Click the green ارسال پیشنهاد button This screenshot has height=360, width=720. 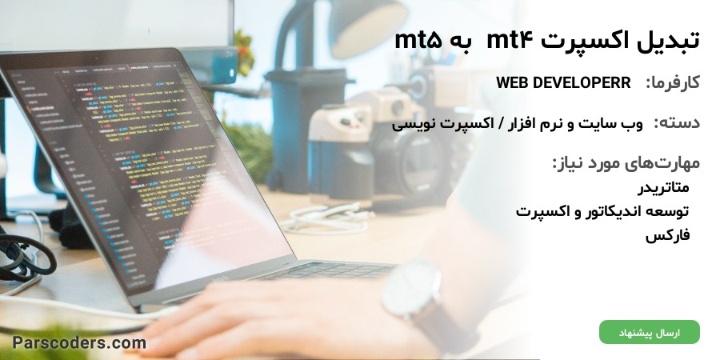[650, 332]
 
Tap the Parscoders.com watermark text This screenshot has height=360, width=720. [79, 342]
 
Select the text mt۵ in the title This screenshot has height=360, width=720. [418, 41]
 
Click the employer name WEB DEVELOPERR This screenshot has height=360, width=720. [563, 83]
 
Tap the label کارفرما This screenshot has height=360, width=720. [673, 83]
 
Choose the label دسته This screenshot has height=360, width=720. [677, 123]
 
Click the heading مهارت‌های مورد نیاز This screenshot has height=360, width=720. [626, 163]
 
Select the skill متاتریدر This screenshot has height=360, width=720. [663, 187]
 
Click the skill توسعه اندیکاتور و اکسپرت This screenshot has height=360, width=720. [602, 212]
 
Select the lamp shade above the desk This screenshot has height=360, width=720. [367, 27]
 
